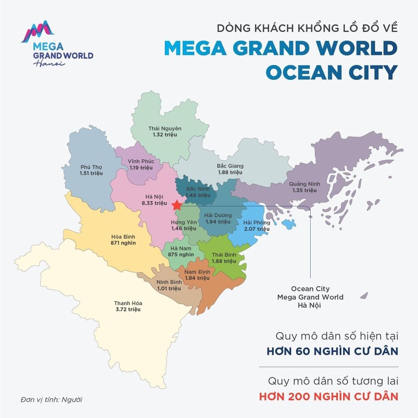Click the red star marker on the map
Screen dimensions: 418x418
pyautogui.click(x=177, y=205)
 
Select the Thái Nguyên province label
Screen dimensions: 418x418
pyautogui.click(x=164, y=128)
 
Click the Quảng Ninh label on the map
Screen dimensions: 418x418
pyautogui.click(x=302, y=184)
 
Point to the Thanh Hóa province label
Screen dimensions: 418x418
pyautogui.click(x=128, y=303)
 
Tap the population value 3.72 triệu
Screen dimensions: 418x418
pyautogui.click(x=128, y=310)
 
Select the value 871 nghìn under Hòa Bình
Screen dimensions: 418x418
pyautogui.click(x=123, y=243)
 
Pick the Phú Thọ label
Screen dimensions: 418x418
pyautogui.click(x=91, y=167)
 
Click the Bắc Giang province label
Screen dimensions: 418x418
pyautogui.click(x=230, y=166)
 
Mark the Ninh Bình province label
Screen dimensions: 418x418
pyautogui.click(x=169, y=282)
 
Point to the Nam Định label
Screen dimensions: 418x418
pyautogui.click(x=197, y=272)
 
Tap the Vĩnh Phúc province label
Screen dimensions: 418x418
pyautogui.click(x=140, y=161)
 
